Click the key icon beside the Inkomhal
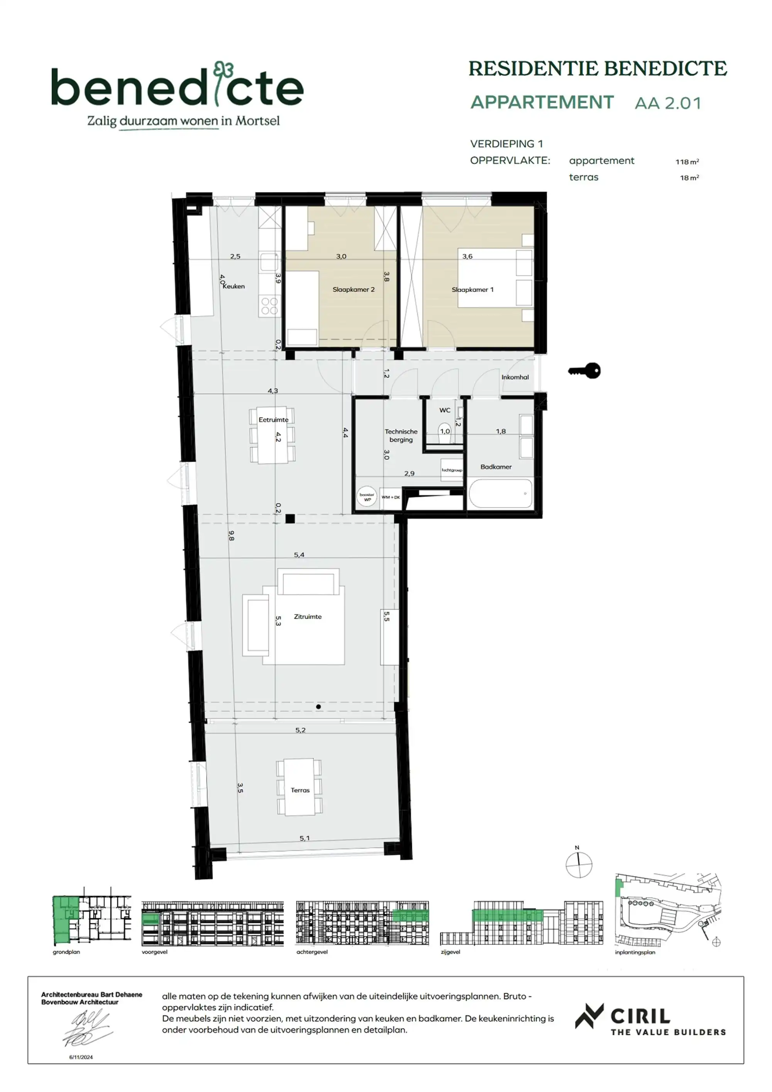pyautogui.click(x=585, y=370)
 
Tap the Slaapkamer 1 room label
pyautogui.click(x=472, y=290)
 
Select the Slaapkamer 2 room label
pyautogui.click(x=353, y=290)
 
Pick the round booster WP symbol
pyautogui.click(x=367, y=497)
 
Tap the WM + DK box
pyautogui.click(x=391, y=497)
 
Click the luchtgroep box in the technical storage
pyautogui.click(x=452, y=469)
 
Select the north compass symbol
pyautogui.click(x=579, y=864)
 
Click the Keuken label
pyautogui.click(x=234, y=286)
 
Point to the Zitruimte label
pyautogui.click(x=308, y=616)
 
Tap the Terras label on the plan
pyautogui.click(x=300, y=790)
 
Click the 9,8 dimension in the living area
pyautogui.click(x=231, y=535)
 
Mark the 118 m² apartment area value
pyautogui.click(x=687, y=162)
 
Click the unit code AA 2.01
pyautogui.click(x=667, y=103)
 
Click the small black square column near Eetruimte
pyautogui.click(x=290, y=519)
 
